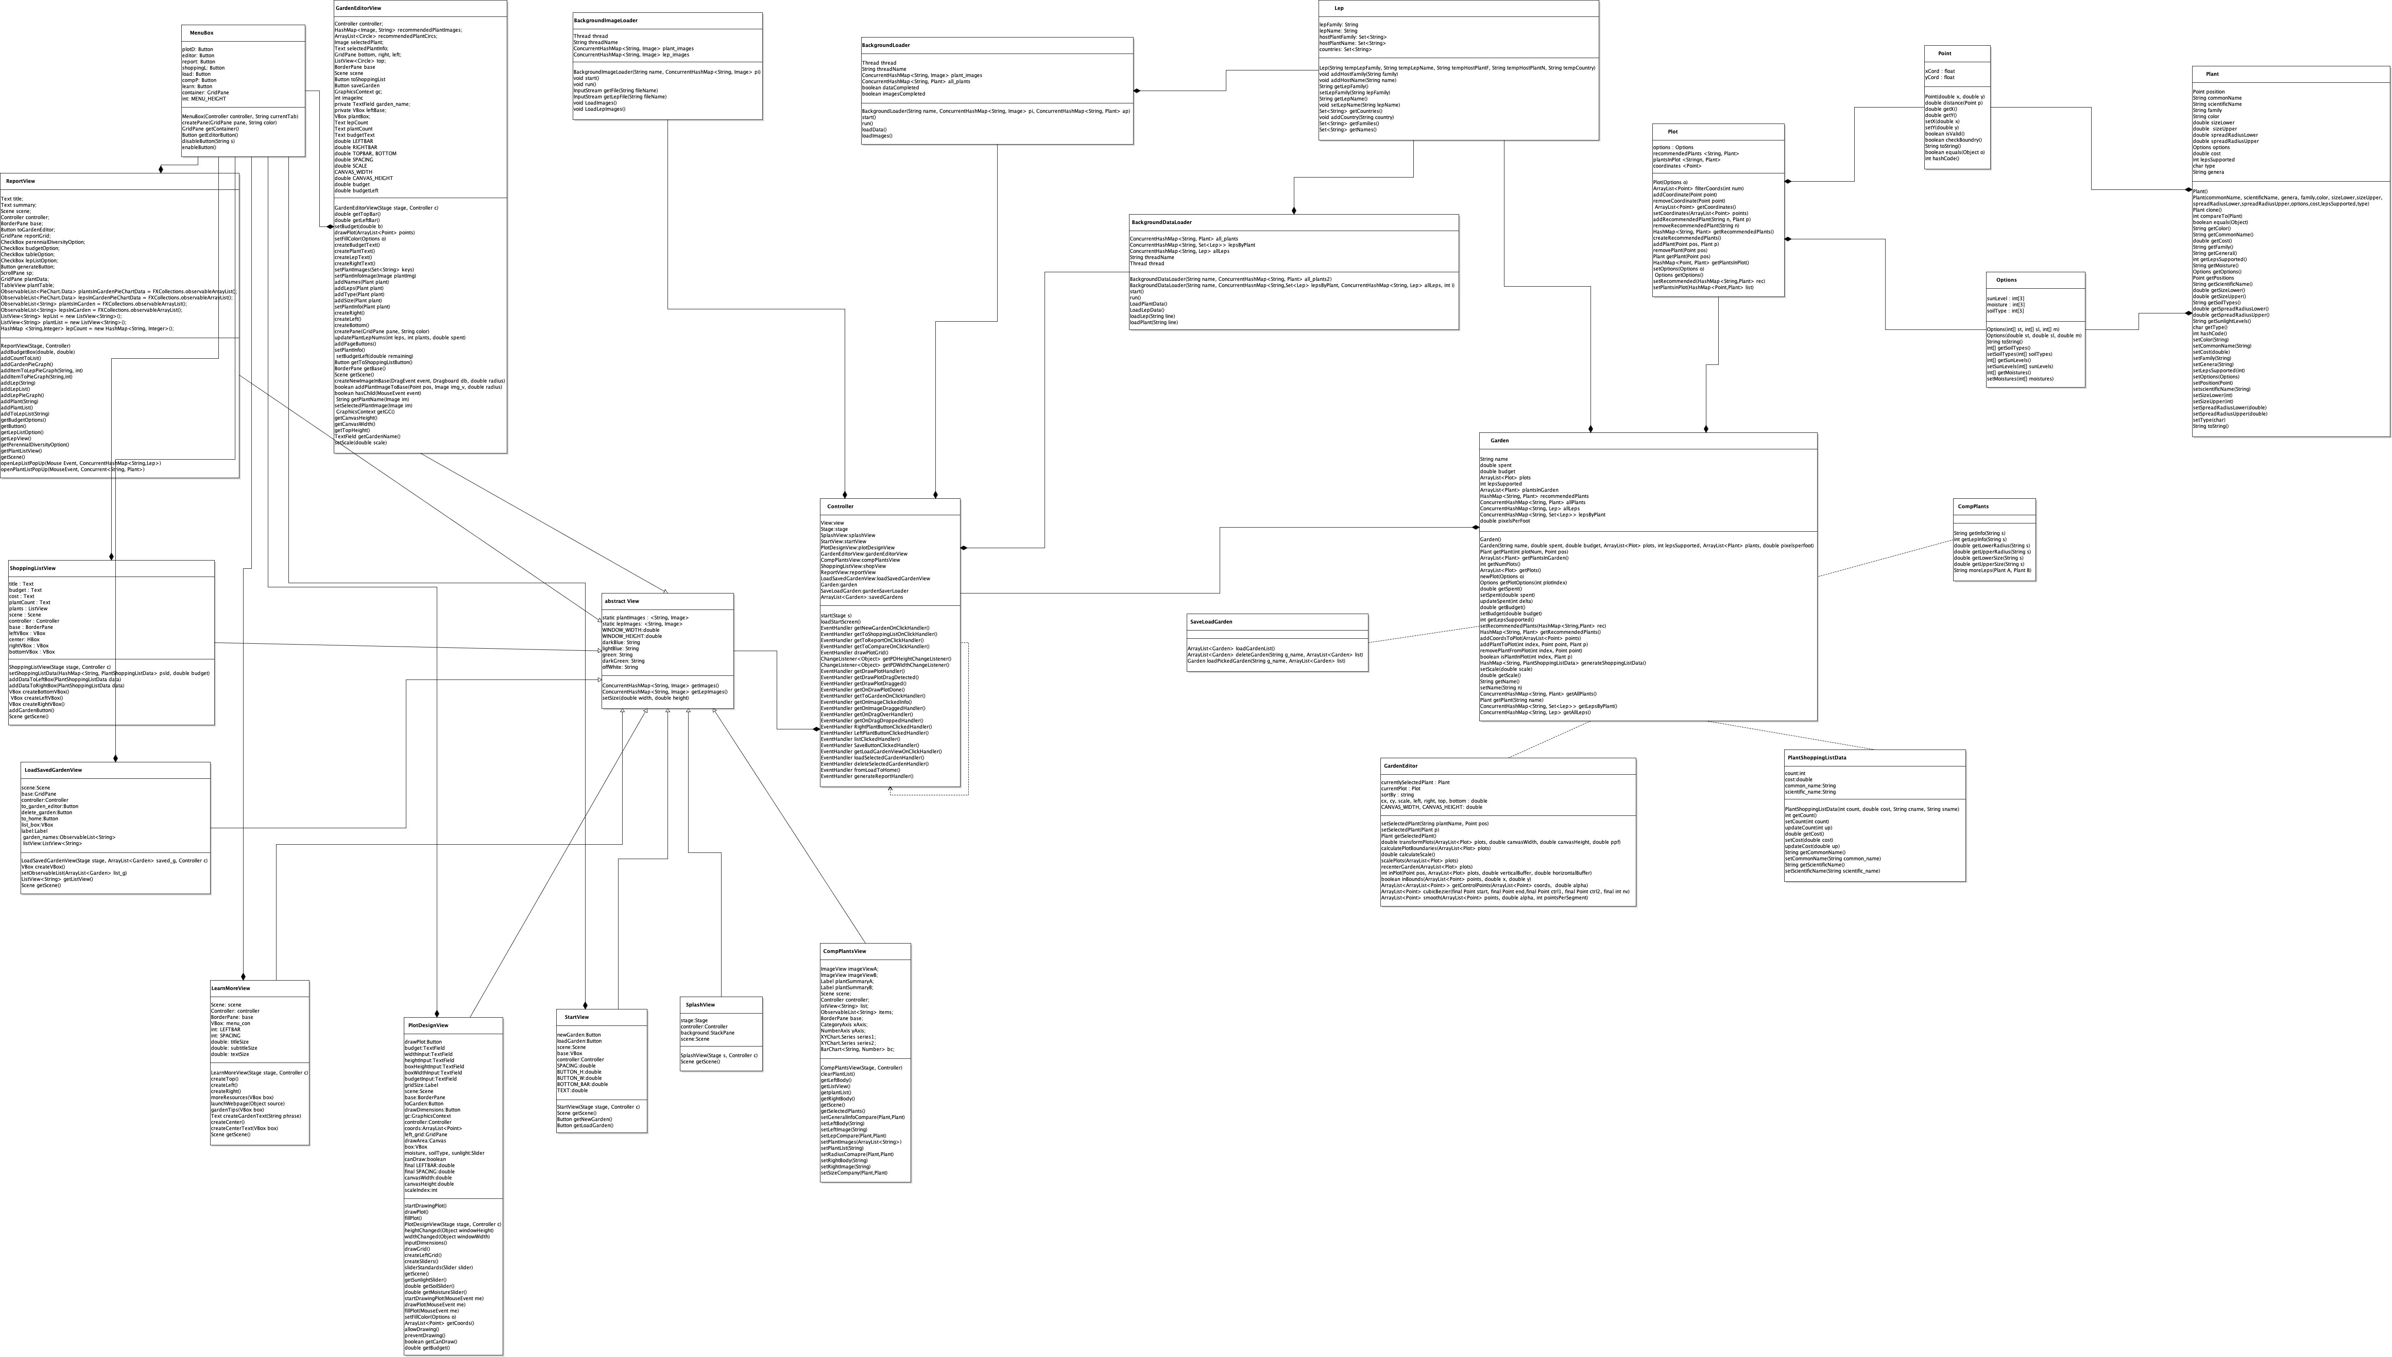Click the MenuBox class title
(x=201, y=33)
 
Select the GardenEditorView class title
(x=358, y=7)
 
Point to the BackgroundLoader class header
(x=886, y=45)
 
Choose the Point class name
(x=1945, y=53)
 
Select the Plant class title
(x=2212, y=74)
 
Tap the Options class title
(x=2006, y=280)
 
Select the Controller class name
(x=840, y=506)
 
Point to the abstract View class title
(x=622, y=601)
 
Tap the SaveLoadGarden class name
(x=1211, y=621)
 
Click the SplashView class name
(x=700, y=1005)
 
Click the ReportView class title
(x=21, y=181)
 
